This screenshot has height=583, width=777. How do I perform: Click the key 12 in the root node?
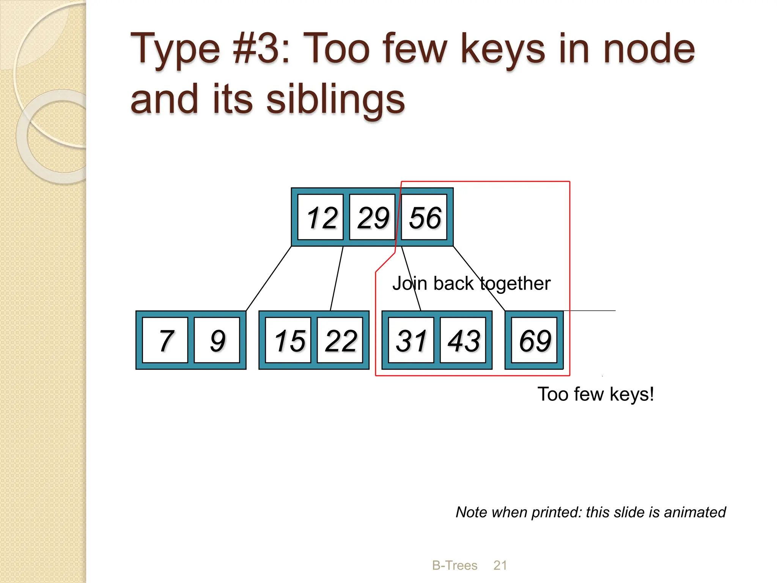[x=321, y=217]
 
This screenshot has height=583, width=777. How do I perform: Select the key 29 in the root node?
[x=372, y=217]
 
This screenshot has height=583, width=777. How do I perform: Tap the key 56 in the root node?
[x=424, y=217]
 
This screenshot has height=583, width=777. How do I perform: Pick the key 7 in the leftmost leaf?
[x=165, y=340]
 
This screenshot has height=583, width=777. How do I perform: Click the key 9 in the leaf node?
[x=217, y=340]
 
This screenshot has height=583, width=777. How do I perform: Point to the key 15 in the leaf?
[x=288, y=340]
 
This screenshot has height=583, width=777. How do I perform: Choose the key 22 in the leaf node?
[x=340, y=340]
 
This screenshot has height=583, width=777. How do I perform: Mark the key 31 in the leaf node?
[x=411, y=340]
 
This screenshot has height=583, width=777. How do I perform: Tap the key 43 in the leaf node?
[x=463, y=340]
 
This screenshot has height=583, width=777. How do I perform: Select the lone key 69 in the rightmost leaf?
[x=534, y=340]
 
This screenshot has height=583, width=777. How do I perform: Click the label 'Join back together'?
[x=471, y=284]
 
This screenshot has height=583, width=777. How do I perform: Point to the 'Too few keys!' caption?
[x=596, y=394]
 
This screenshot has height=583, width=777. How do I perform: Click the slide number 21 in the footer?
[x=500, y=565]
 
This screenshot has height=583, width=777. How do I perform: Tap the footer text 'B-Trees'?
[x=455, y=565]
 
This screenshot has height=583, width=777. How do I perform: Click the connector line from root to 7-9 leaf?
[x=269, y=279]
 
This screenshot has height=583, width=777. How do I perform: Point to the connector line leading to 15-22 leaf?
[x=337, y=279]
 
